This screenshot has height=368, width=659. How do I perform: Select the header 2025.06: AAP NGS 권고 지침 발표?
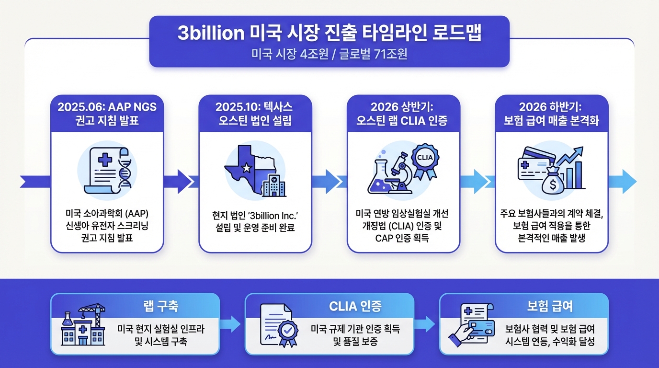click(x=107, y=113)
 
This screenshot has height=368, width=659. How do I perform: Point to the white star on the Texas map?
click(x=247, y=168)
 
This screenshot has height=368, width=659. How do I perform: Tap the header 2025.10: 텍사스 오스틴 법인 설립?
click(x=255, y=113)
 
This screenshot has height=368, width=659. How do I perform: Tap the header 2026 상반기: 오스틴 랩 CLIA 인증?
click(x=403, y=113)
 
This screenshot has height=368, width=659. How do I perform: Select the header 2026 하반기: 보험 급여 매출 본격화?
click(x=552, y=113)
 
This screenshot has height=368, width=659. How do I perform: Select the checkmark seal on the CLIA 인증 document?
click(x=287, y=331)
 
